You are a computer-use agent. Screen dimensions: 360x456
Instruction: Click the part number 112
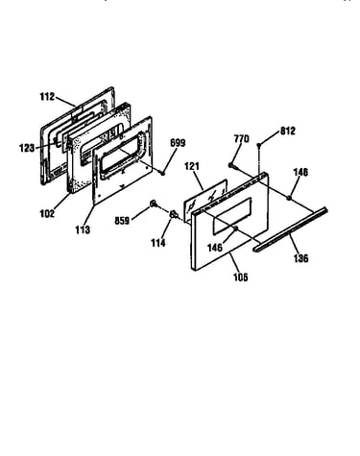click(47, 96)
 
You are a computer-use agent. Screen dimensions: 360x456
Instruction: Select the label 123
click(27, 148)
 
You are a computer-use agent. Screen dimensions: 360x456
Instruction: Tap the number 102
click(47, 213)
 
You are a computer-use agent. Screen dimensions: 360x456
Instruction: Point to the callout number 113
click(83, 229)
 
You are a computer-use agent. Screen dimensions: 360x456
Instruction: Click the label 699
click(178, 143)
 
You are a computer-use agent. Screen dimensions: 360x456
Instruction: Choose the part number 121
click(192, 166)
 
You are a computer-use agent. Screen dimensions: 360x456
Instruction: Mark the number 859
click(122, 221)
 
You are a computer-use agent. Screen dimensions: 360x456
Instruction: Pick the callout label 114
click(158, 243)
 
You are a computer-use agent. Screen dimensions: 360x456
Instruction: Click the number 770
click(241, 139)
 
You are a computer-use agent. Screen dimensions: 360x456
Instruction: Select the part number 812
click(288, 131)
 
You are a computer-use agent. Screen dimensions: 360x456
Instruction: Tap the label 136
click(301, 258)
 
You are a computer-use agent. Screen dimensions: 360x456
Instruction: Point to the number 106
click(241, 277)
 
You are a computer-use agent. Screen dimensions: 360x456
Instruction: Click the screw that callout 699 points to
click(162, 173)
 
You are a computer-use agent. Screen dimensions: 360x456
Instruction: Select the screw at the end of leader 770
click(231, 165)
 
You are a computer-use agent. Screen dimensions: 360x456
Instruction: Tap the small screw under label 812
click(259, 145)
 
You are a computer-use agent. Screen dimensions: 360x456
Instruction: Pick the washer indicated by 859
click(154, 204)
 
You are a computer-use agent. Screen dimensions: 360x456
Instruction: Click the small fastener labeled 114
click(174, 214)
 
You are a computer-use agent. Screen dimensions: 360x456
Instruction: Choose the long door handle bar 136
click(290, 229)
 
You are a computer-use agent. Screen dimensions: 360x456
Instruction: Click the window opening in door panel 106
click(231, 215)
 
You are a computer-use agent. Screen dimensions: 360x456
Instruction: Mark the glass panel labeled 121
click(205, 198)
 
